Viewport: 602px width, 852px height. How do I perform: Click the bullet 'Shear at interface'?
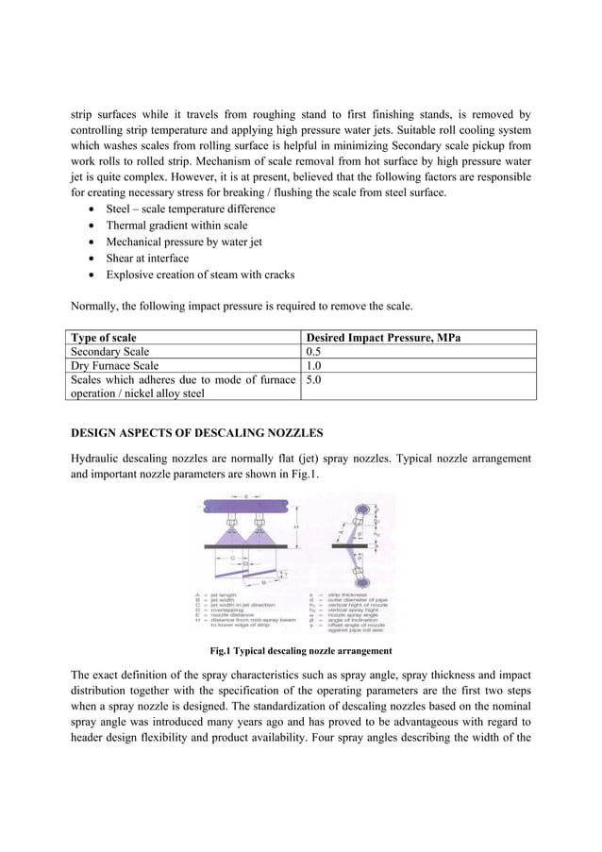(x=147, y=258)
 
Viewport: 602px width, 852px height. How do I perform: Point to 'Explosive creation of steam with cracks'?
(x=200, y=275)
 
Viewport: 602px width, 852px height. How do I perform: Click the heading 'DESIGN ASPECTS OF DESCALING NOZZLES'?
(x=197, y=432)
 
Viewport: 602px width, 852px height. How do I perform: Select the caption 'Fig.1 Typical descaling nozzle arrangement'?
(x=300, y=651)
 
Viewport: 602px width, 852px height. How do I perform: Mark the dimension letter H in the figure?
(x=295, y=526)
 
